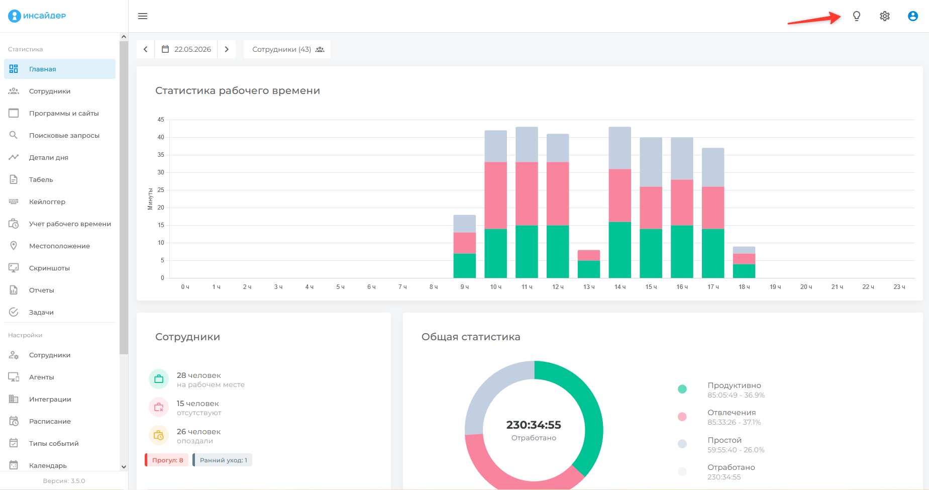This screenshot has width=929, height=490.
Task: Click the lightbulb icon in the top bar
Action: [x=857, y=16]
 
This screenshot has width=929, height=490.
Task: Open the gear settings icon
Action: [x=885, y=16]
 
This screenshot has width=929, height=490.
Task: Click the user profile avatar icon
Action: [x=913, y=16]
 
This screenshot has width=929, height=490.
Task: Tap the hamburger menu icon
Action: [x=143, y=16]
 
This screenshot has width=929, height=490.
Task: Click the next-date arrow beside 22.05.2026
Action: [x=227, y=49]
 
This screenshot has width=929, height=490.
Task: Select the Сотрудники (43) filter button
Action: [x=287, y=49]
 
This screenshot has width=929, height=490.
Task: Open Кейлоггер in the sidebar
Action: [x=47, y=202]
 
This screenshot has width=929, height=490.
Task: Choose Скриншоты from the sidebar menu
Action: [x=49, y=268]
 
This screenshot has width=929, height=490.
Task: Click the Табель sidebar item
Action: [x=41, y=179]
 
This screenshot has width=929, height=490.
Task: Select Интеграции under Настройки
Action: [x=50, y=399]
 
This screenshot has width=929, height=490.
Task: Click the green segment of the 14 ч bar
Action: [x=620, y=250]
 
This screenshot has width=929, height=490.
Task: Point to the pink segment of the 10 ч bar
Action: [x=495, y=195]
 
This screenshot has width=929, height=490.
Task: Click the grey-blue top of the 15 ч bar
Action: [x=651, y=162]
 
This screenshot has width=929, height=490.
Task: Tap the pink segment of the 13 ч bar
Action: [x=589, y=255]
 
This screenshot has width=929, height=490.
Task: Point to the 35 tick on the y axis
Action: [x=161, y=155]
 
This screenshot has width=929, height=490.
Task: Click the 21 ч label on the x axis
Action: [x=837, y=287]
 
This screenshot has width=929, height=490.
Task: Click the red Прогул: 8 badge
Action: [x=167, y=460]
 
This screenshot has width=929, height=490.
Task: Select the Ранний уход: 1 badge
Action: [x=223, y=460]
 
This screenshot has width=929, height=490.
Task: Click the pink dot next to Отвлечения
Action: [x=682, y=417]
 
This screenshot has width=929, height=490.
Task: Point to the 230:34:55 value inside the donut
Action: [x=534, y=425]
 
